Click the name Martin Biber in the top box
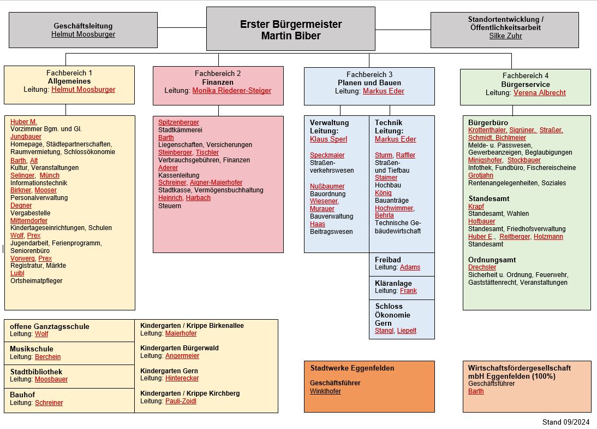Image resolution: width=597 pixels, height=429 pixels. [291, 36]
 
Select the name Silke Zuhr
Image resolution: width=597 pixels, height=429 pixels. [505, 36]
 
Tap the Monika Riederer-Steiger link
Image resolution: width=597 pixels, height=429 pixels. [231, 91]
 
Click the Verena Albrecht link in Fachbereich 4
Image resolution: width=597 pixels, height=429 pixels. [539, 93]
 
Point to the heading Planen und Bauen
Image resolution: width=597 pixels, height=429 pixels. [369, 83]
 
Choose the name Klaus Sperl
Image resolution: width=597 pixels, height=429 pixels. [328, 139]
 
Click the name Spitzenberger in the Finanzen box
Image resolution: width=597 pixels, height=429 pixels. [178, 122]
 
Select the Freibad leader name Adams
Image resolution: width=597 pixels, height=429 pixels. [410, 267]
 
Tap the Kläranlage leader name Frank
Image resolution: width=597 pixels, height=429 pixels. [408, 291]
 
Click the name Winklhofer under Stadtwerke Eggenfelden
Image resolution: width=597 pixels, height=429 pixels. [325, 391]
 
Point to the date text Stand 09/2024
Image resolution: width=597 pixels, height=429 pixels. [566, 422]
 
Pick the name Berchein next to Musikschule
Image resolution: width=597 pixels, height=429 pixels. [48, 357]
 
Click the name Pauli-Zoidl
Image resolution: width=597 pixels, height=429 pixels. [181, 401]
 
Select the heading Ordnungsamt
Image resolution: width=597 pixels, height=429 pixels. [492, 260]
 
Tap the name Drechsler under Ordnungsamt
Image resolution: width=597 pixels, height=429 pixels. [482, 267]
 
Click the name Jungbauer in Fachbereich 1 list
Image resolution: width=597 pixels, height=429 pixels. [26, 137]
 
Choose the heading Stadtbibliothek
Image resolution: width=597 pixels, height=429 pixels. [36, 372]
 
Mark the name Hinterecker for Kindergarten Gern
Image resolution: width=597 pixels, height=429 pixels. [182, 378]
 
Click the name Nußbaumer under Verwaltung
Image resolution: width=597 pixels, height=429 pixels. [327, 186]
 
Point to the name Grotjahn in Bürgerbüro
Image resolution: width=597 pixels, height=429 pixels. [480, 175]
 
